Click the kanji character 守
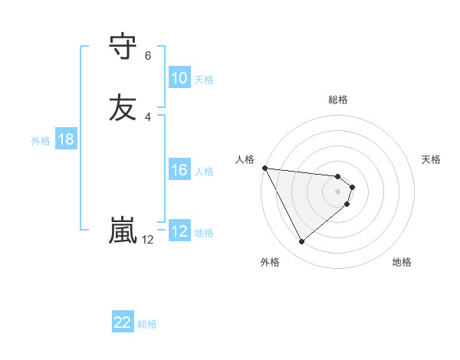pos(123,46)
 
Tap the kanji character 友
pos(123,107)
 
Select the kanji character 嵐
pos(123,230)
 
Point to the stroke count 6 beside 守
pos(148,56)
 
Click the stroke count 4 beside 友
pos(148,116)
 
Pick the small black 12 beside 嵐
pos(148,240)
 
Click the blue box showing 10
pos(179,78)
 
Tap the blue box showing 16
pos(179,170)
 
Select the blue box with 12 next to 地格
pos(179,231)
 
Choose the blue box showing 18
pos(65,139)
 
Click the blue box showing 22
pos(123,322)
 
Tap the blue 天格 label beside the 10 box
pos(204,79)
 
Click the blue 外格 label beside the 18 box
pos(41,140)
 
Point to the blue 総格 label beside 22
pos(147,323)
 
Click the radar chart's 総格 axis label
pos(338,100)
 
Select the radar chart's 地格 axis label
pos(402,263)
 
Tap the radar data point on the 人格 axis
pos(264,168)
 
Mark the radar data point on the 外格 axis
pos(301,242)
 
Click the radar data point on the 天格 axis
pos(353,186)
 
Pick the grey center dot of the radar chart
pos(338,191)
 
